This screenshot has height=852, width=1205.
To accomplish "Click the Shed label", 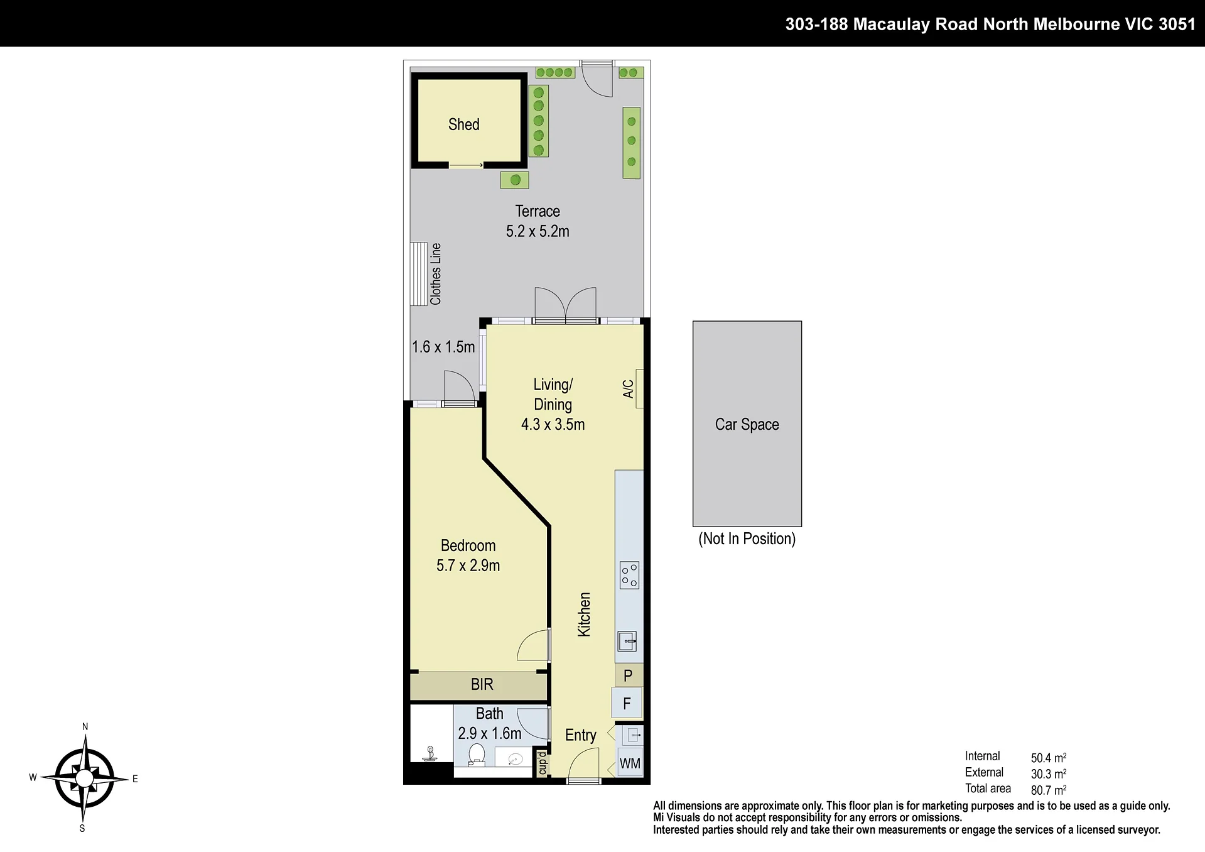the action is [463, 124].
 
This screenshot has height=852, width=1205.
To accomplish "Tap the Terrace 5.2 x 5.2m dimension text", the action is [538, 231].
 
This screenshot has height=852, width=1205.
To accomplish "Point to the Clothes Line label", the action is [436, 274].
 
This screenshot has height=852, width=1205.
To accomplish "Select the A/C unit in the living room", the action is [639, 388].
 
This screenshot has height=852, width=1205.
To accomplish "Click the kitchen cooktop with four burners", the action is [629, 575].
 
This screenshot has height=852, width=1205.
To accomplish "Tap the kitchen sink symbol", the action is [627, 642].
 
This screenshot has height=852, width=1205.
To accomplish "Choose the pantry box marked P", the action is [629, 675].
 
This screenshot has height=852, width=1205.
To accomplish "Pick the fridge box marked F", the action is [627, 703].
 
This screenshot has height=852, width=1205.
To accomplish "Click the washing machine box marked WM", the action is [630, 763].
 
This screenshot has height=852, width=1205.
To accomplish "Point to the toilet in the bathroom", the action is [477, 755].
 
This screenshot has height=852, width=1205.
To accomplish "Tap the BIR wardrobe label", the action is [482, 684].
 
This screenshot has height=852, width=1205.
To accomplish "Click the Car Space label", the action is [747, 425].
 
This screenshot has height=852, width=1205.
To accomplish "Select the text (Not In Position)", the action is [747, 538].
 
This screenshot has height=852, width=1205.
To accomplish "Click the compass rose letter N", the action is [85, 727].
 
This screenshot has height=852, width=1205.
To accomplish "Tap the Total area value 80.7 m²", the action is [1049, 790].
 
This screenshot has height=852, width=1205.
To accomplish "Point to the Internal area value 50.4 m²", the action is [1049, 757].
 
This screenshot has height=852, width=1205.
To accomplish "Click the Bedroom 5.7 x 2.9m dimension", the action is [468, 565].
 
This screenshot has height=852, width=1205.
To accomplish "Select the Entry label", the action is [580, 735].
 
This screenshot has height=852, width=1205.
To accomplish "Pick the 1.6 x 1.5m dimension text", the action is [443, 347].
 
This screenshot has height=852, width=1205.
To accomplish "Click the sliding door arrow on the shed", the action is [466, 165].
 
